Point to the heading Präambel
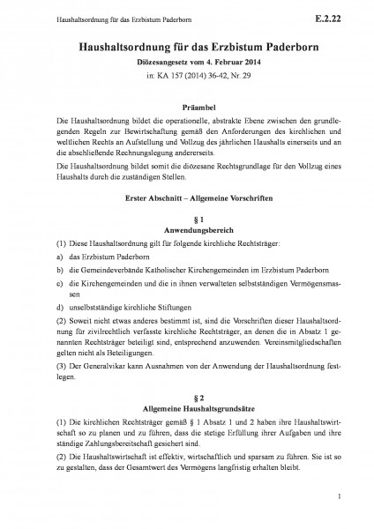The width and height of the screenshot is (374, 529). tap(187, 104)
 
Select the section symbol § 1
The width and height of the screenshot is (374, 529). tap(187, 217)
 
